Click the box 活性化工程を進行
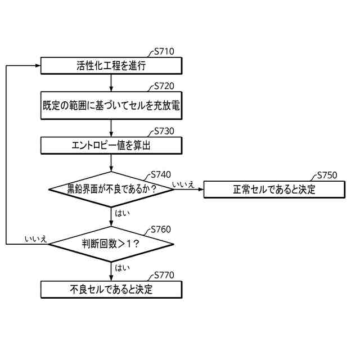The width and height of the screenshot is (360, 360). [111, 66]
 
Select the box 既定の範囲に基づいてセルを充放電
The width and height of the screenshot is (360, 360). [111, 105]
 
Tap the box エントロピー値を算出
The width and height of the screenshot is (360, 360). [111, 146]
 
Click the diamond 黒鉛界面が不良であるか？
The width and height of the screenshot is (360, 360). [111, 190]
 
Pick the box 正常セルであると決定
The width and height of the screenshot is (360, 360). [274, 190]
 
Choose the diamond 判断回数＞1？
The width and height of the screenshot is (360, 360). [111, 244]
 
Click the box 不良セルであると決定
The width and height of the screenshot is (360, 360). [111, 290]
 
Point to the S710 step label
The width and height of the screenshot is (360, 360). [164, 52]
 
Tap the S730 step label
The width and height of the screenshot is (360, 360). [164, 131]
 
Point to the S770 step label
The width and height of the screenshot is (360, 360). [164, 276]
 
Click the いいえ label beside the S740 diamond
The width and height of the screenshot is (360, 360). [183, 184]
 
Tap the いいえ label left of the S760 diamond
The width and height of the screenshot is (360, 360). [35, 238]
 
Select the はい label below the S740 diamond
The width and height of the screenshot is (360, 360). [122, 213]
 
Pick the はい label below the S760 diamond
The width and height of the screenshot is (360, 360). [122, 268]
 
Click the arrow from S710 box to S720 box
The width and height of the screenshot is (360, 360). [111, 82]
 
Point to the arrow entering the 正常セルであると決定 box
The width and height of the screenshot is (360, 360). [188, 190]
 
